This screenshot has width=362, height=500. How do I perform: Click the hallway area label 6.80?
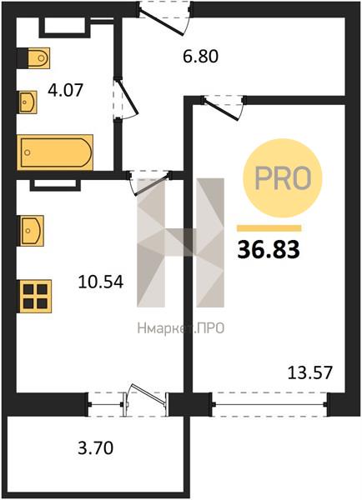point(200,57)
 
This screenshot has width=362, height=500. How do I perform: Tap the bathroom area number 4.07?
point(65,90)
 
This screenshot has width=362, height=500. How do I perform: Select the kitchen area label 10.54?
point(101,282)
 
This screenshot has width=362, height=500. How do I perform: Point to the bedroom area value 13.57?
point(310,372)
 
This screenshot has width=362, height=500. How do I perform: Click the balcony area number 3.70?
point(95,448)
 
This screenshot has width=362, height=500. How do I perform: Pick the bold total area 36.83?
point(269,250)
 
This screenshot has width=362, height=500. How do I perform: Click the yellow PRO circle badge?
point(283,178)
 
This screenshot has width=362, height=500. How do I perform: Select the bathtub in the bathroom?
point(55,152)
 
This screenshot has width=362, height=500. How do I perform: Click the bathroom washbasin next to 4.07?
point(28,102)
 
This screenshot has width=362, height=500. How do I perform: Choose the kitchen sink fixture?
point(32,231)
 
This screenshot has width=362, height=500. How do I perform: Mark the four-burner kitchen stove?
point(35,296)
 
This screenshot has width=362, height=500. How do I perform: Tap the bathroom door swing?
point(127,99)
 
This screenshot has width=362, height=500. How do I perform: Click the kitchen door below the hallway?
point(150,184)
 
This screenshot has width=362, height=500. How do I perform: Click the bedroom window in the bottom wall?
point(269,405)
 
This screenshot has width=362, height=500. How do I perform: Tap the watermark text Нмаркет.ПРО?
point(181,328)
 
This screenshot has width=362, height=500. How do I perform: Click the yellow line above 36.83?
point(269,228)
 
